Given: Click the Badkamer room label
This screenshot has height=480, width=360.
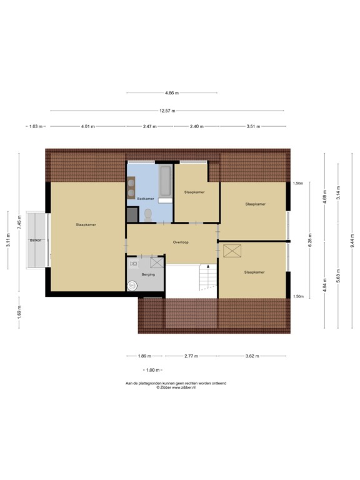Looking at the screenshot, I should (x=145, y=199).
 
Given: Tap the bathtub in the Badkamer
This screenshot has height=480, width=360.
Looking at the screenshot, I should (x=166, y=181).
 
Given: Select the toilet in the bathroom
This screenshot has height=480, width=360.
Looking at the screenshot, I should (x=148, y=214).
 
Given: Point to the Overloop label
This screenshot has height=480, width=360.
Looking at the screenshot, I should (x=181, y=242).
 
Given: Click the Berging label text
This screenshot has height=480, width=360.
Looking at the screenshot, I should (x=148, y=274).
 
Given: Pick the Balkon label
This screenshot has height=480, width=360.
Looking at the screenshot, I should (x=36, y=240).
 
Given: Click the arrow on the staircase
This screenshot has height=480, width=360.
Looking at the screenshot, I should (x=209, y=267).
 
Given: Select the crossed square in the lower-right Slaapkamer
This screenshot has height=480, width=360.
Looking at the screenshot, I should (x=232, y=251).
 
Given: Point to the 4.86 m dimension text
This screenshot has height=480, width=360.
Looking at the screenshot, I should (x=172, y=93).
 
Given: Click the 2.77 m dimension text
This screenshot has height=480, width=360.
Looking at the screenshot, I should (x=191, y=356).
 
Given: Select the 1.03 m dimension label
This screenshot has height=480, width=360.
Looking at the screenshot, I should (x=36, y=127).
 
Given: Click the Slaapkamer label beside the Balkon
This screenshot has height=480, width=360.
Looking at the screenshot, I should (x=86, y=224).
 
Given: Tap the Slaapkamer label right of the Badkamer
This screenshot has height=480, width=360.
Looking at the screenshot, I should (x=195, y=192).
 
